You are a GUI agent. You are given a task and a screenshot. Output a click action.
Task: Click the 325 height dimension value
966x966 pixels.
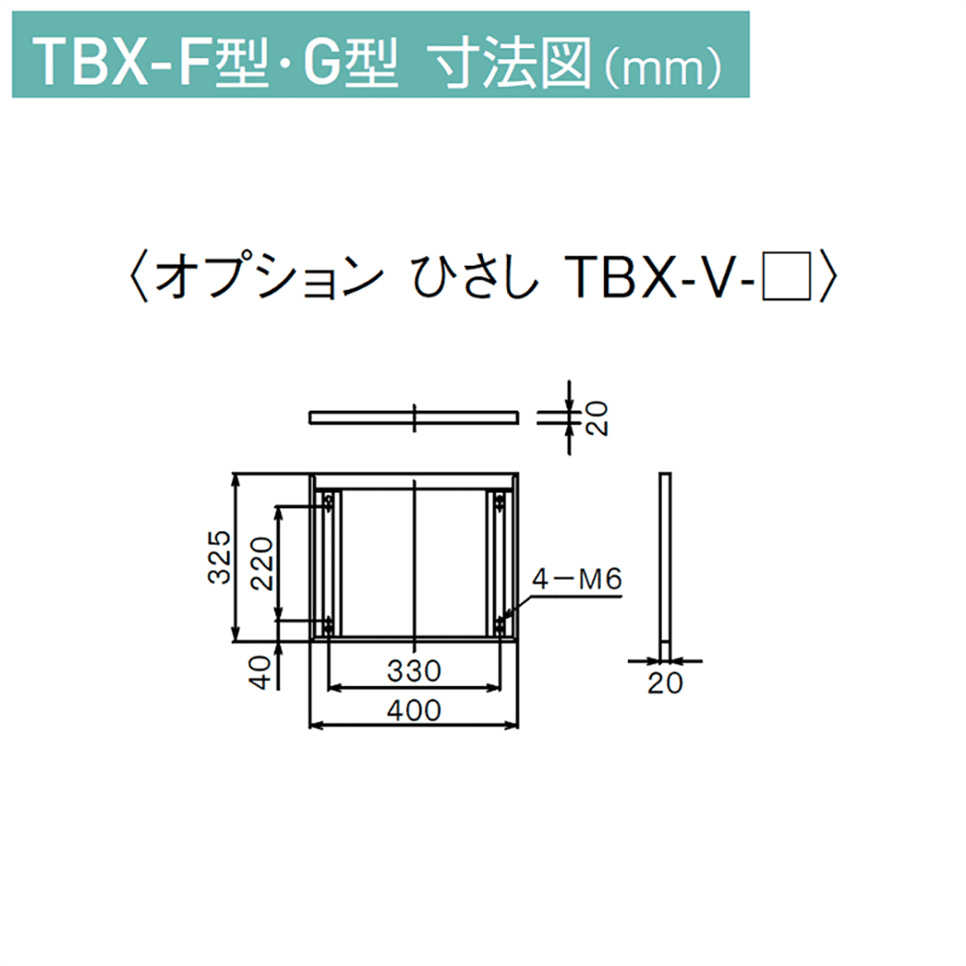[x=219, y=556]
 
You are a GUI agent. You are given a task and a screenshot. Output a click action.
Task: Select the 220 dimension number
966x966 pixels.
[x=263, y=564]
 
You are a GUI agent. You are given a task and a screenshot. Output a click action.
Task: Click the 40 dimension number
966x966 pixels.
[x=260, y=672]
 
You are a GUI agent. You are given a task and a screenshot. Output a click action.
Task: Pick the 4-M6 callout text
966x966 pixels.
[x=576, y=580]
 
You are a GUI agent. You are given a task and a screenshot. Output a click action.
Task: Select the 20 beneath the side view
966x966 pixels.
[x=665, y=683]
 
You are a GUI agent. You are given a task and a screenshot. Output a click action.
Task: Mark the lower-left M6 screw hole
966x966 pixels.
[x=329, y=623]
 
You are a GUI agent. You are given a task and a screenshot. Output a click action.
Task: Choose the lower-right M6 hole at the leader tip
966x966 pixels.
[x=498, y=623]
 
